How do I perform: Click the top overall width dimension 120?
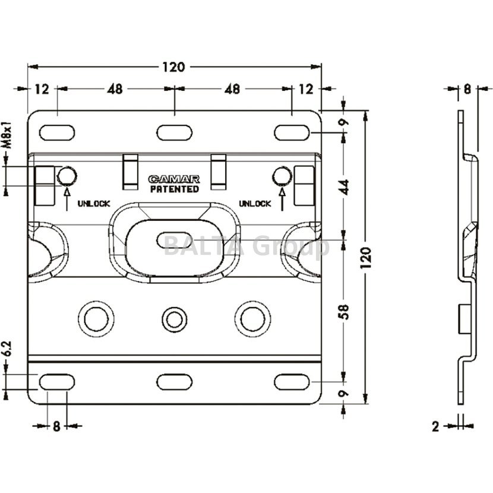[x=173, y=67]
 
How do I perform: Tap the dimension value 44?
[x=345, y=186]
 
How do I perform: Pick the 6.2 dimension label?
[x=7, y=350]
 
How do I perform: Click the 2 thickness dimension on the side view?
[x=435, y=426]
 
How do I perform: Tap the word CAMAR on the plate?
[x=174, y=179]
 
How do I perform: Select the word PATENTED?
[x=174, y=189]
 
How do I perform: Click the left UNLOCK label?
[x=93, y=204]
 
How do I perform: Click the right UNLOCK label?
[x=255, y=204]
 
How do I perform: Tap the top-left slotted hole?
[x=57, y=132]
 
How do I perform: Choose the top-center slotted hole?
[x=174, y=132]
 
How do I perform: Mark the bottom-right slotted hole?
[x=292, y=381]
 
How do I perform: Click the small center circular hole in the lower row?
[x=173, y=319]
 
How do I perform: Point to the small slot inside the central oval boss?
[x=173, y=241]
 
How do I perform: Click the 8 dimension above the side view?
[x=467, y=89]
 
